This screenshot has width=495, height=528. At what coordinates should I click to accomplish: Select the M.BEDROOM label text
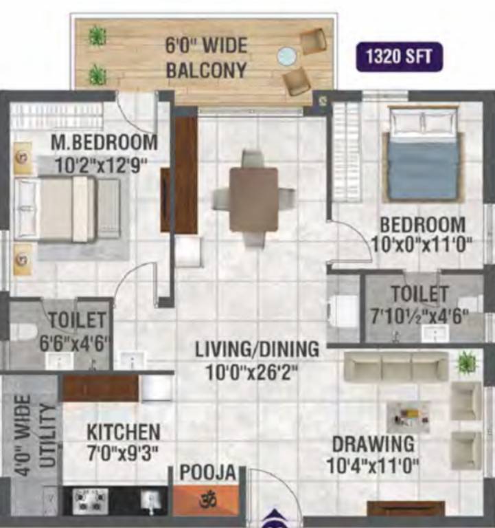click(x=104, y=143)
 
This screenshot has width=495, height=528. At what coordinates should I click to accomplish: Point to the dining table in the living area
click(x=253, y=199)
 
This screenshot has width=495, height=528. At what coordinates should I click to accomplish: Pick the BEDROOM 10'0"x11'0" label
click(x=423, y=234)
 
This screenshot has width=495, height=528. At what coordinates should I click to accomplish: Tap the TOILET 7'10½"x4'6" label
click(x=420, y=304)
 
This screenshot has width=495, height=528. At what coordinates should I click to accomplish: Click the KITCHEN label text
click(x=124, y=443)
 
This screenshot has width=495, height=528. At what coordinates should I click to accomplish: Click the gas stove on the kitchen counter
click(x=90, y=500)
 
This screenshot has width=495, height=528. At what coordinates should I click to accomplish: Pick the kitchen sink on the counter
click(x=149, y=500)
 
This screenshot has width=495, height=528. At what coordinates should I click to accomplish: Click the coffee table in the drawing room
click(x=408, y=417)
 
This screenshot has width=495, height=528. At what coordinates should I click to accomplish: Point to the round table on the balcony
click(x=286, y=55)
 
